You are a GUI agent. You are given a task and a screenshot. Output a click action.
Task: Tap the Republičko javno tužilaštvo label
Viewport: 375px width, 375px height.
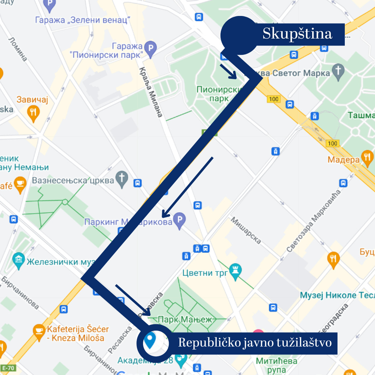coord(255,343)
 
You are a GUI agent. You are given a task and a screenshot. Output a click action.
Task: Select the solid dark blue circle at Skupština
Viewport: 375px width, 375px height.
coord(239,35)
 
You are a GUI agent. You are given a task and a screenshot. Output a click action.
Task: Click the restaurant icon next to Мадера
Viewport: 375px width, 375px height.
coord(367,158)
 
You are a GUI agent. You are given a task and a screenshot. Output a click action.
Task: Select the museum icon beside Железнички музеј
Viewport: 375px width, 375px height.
coord(18,260)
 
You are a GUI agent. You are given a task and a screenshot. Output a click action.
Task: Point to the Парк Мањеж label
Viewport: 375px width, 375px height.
coord(185,319)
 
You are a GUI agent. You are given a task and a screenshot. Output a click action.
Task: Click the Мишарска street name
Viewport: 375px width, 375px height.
coord(246,230)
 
